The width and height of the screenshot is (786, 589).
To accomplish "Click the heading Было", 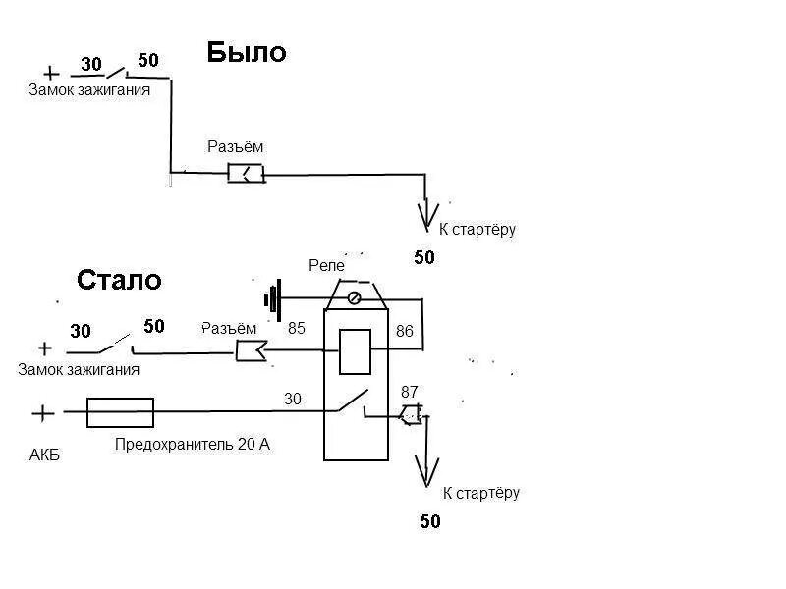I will [246, 52].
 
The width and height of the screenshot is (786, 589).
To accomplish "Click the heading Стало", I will [119, 280].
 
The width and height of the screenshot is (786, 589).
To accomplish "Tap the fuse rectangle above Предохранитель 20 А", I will [120, 412].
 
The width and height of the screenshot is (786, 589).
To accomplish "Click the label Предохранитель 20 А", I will [193, 445].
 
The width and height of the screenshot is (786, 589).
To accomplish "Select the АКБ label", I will [46, 455].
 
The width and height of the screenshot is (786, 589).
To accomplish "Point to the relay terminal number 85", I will [297, 329].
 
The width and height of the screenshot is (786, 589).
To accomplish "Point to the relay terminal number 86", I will [405, 332].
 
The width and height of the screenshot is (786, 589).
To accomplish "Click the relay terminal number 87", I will [410, 391].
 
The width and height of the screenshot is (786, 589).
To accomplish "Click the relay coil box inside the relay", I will [355, 351].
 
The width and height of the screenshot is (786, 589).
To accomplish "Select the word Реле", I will [326, 265].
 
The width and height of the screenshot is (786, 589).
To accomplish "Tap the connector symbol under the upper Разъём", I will [246, 174].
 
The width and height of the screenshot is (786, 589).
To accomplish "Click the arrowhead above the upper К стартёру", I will [425, 213].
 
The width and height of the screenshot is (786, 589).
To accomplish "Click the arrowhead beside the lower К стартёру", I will [426, 471].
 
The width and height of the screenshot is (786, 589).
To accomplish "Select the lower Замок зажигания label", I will [79, 370].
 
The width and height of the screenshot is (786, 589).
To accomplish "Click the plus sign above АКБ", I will [43, 414].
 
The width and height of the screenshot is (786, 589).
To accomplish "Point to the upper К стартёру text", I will [477, 230].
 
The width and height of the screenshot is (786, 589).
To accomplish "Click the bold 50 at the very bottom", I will [430, 521].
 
